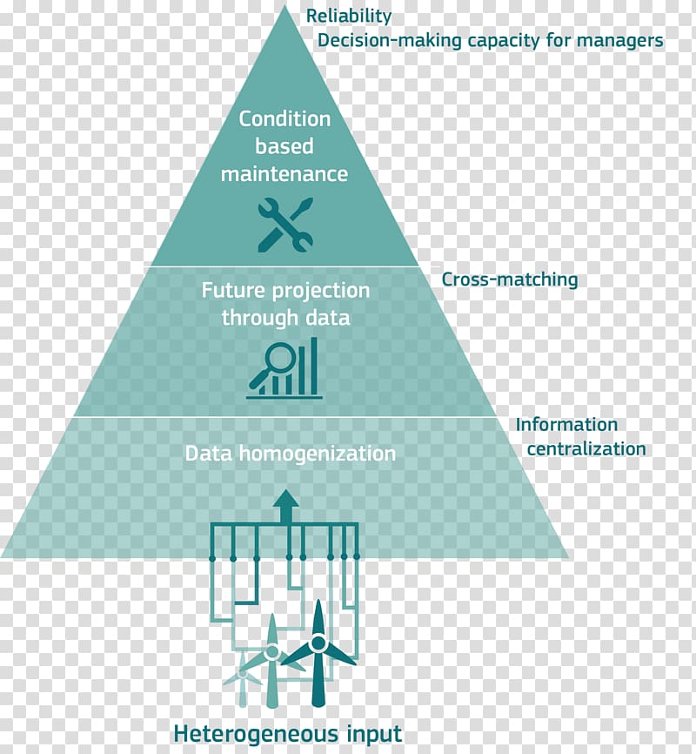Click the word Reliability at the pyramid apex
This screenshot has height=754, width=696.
349,17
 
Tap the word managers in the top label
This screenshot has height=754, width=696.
619,41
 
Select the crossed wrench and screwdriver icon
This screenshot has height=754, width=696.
285,225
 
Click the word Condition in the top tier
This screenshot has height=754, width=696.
285,118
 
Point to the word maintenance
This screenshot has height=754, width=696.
284,173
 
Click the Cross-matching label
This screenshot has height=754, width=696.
510,279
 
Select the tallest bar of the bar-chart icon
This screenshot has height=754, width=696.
314,365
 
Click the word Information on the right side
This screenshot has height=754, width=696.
566,425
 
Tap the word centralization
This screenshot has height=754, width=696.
586,449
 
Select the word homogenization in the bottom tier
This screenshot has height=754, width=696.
318,454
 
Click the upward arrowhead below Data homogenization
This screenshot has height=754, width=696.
286,499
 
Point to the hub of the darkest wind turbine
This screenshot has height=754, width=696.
318,643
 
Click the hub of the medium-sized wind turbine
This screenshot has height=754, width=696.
272,652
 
